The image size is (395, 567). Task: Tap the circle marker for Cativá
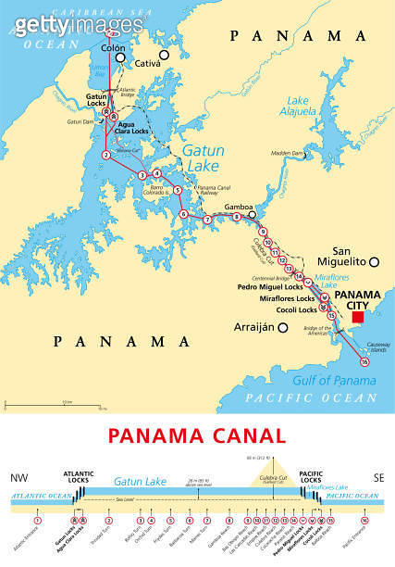[x=164, y=56]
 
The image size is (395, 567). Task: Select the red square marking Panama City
[x=357, y=318]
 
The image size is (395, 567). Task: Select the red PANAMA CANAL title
[x=197, y=435]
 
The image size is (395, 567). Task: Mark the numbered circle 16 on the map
[x=364, y=361]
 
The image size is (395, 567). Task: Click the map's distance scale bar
[x=37, y=406]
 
